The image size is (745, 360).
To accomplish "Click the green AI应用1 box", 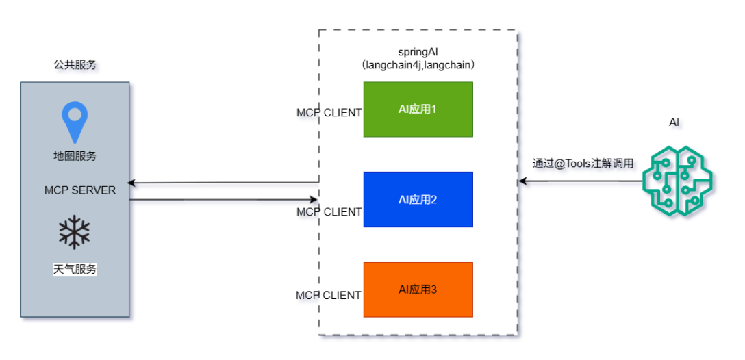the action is pos(418,110).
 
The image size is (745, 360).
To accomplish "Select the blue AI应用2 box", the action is pos(418,199).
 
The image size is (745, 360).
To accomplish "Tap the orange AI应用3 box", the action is pos(418,290).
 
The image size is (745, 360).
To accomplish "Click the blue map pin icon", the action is pos(75,123).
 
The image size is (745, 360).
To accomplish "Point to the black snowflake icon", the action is pos(74,233).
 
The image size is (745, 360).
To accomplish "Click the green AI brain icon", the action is pos(677,177).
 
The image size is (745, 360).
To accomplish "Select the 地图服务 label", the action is pos(75,156).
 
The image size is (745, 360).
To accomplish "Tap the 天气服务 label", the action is pos(75,270).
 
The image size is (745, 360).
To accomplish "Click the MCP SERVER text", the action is pos(80,190).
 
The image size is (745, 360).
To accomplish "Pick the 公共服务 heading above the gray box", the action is pos(75,65).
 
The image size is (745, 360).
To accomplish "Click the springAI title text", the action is pos(418,52).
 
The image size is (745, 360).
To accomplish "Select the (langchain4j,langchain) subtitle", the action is pos(418,66).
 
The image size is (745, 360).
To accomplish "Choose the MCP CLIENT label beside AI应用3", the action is pos(328,295).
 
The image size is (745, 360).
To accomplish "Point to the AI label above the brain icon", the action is pos(674,122).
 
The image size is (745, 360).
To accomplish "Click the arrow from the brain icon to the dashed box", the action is pos(580,181).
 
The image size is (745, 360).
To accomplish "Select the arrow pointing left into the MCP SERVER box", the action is pos(223,182).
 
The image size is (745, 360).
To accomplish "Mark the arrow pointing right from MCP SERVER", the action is pos(223,199).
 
